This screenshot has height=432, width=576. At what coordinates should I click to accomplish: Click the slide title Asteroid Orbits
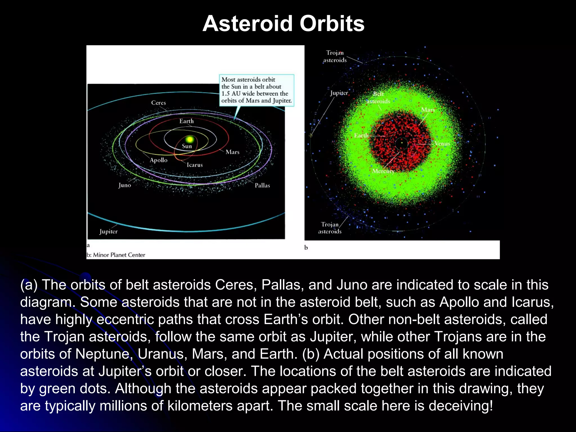283,24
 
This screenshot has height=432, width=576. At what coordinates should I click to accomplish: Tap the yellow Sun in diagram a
190,139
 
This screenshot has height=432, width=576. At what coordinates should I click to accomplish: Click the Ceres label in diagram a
158,103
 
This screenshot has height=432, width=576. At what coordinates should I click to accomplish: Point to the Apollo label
158,160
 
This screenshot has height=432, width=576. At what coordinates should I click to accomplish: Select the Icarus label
195,165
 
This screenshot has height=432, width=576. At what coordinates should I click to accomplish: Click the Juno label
125,185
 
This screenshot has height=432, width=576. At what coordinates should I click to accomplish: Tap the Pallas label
262,185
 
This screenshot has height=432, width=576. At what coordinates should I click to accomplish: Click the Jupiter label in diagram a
109,231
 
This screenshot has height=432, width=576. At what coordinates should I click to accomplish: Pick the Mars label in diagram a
232,152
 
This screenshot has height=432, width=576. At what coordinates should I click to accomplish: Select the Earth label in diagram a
186,121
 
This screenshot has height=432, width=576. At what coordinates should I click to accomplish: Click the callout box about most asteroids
256,90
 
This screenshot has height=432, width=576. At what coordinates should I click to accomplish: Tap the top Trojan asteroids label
335,56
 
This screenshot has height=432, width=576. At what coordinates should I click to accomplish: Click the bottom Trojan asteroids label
330,228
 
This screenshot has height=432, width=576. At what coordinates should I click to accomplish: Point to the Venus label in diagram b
442,144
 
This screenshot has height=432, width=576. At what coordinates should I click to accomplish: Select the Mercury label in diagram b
383,171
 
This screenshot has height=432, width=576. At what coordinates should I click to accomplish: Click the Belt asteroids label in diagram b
378,97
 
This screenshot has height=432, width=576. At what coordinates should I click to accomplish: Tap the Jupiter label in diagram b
339,93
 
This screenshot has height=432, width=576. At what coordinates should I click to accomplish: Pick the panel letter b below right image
306,247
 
